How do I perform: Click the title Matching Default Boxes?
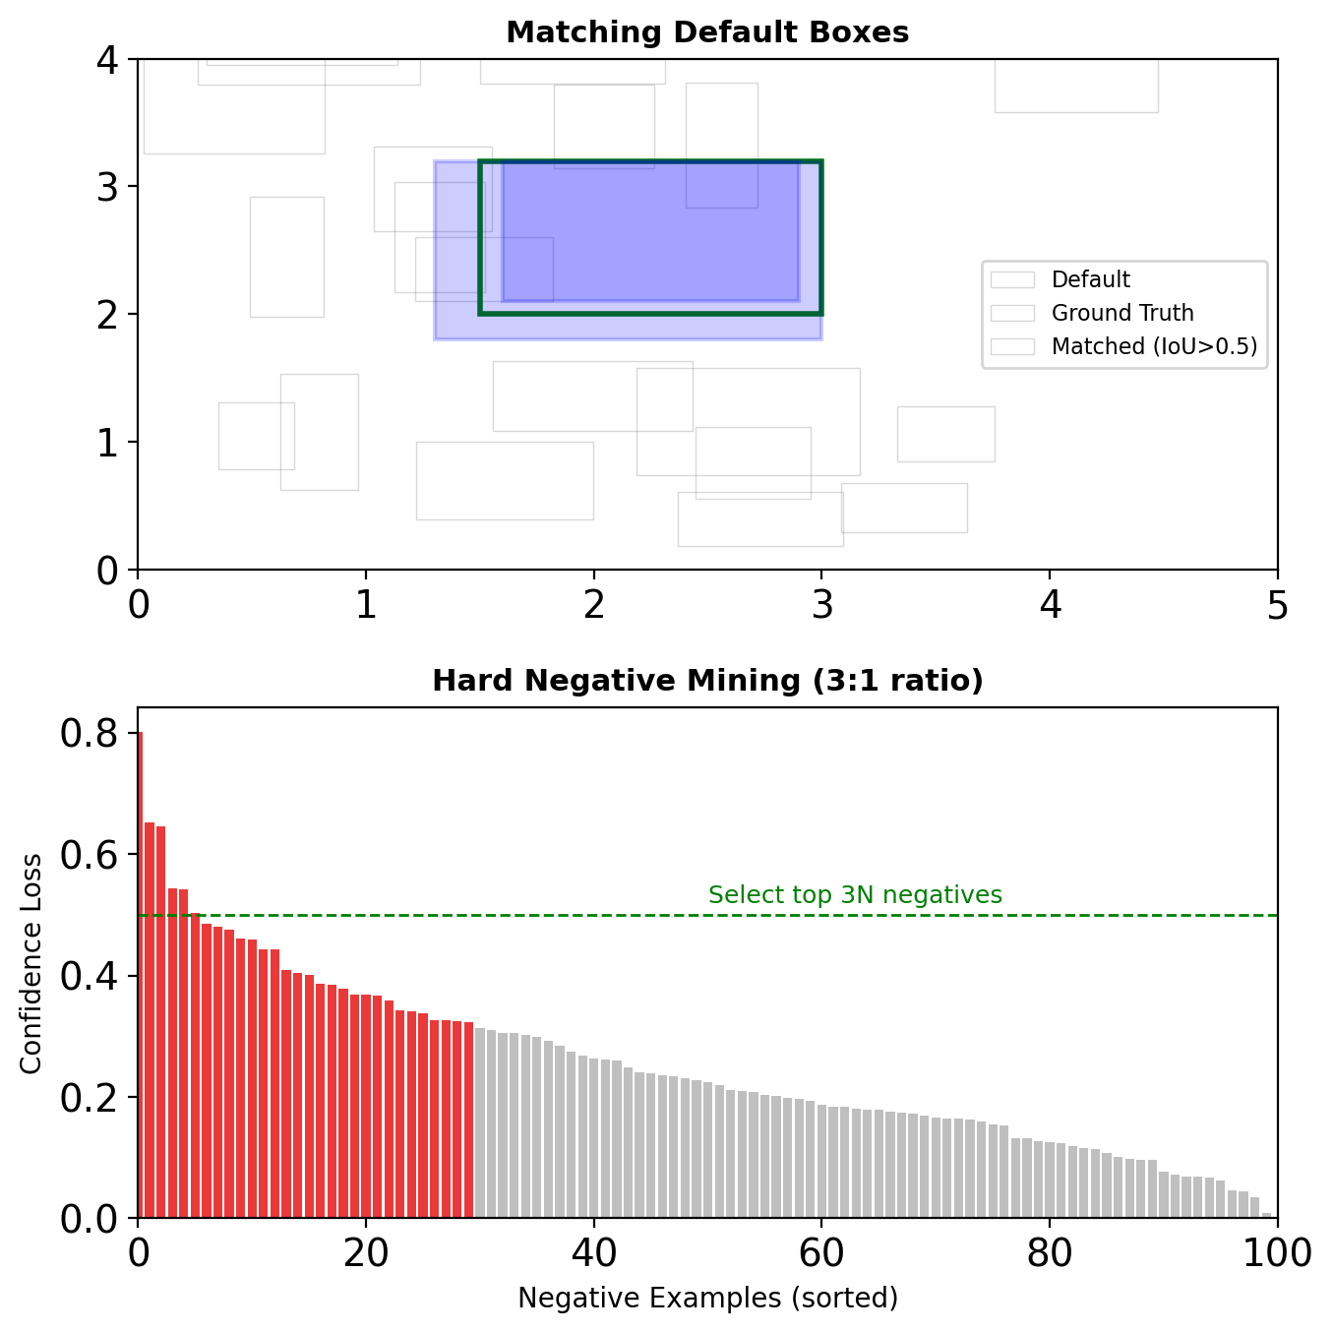(x=707, y=32)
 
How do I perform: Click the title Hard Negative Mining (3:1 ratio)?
(x=707, y=681)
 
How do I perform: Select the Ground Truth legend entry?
(x=1121, y=313)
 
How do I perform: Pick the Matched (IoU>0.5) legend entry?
(x=1153, y=346)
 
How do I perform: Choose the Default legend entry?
(x=1090, y=279)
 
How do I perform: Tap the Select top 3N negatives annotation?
(x=855, y=895)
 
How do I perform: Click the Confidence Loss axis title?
(x=31, y=963)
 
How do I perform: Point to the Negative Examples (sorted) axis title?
(x=707, y=1299)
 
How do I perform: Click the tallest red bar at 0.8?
(x=140, y=974)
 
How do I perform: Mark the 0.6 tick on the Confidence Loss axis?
(x=99, y=855)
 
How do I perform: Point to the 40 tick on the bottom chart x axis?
(x=593, y=1253)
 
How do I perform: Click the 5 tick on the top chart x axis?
(x=1277, y=605)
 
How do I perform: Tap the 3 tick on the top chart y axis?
(x=109, y=187)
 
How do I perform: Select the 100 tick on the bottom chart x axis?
(x=1277, y=1253)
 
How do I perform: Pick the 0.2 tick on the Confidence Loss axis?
(x=99, y=1097)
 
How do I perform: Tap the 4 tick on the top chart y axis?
(x=109, y=60)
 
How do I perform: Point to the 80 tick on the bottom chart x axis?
(x=1050, y=1253)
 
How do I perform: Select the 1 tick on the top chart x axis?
(x=366, y=605)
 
